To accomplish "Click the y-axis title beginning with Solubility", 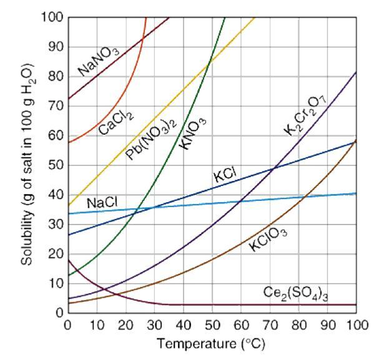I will pyautogui.click(x=28, y=167).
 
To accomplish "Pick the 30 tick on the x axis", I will pyautogui.click(x=154, y=326).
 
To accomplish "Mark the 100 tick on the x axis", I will pyautogui.click(x=356, y=326).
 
